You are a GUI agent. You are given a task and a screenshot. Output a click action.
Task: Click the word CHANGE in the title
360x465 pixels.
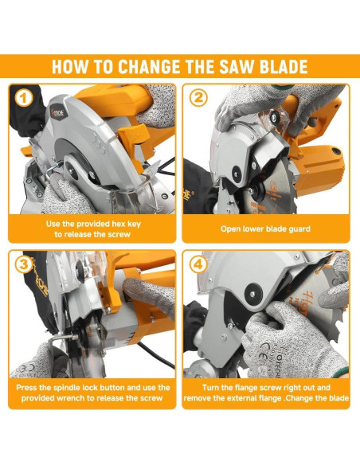click(x=149, y=66)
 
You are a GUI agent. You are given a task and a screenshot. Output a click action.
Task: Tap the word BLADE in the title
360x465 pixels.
click(x=284, y=66)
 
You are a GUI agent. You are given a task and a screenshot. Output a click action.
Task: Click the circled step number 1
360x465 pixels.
click(x=24, y=98)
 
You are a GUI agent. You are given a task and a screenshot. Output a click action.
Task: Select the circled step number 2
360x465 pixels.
click(x=198, y=98)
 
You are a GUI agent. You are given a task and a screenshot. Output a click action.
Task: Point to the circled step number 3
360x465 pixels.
click(x=24, y=264)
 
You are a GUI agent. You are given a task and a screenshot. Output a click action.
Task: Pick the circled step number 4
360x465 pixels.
click(x=198, y=264)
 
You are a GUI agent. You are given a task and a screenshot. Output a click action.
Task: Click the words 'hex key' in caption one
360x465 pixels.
click(x=126, y=225)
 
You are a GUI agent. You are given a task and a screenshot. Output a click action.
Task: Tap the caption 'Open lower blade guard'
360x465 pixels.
click(x=265, y=229)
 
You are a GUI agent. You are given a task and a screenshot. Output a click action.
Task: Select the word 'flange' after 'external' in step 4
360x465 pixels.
click(x=268, y=398)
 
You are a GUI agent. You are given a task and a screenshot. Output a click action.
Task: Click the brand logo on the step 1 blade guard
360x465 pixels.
click(x=57, y=113)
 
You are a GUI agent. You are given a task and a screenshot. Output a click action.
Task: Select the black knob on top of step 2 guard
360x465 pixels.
click(x=274, y=117)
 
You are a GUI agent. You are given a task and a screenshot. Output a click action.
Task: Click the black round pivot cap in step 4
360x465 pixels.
click(x=253, y=294)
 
